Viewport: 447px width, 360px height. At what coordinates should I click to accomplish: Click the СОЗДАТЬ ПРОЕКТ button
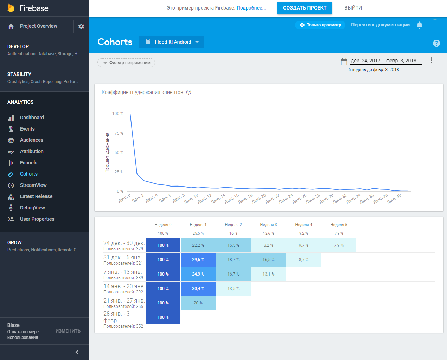point(305,8)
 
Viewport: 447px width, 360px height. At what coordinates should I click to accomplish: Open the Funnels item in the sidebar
point(28,163)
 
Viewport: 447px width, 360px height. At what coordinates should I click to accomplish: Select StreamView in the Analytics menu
point(33,185)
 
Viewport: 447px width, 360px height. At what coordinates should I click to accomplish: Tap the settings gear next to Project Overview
point(81,26)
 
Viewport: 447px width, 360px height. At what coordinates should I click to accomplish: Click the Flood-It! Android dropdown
point(172,42)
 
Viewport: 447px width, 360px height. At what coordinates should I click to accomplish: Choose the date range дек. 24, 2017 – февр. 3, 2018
point(383,61)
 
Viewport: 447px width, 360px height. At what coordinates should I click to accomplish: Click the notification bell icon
point(419,25)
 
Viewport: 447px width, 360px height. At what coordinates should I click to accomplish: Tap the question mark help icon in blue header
point(436,43)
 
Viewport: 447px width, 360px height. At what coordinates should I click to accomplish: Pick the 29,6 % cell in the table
point(198,260)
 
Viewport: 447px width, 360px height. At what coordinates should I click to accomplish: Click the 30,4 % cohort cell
point(198,289)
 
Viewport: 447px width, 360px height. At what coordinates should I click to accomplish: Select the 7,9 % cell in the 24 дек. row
point(339,245)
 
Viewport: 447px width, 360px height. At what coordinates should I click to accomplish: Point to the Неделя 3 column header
point(268,225)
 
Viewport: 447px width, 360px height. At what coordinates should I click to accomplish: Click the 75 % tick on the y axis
point(119,133)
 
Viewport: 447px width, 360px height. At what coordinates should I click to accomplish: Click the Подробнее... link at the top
point(251,8)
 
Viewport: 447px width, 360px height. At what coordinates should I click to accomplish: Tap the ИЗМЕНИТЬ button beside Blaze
point(68,331)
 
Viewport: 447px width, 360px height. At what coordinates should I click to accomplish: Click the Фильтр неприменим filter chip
point(126,63)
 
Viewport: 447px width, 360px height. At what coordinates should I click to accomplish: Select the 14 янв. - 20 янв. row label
point(124,289)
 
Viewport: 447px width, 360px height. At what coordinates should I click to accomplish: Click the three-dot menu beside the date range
point(431,60)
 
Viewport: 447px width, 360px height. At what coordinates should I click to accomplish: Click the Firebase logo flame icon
point(11,8)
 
